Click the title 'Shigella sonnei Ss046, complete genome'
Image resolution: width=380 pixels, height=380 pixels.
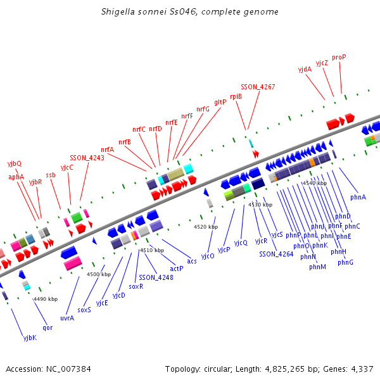(x=189, y=12)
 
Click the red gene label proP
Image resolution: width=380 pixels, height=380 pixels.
(x=339, y=57)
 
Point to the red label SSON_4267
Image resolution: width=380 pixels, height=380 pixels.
(x=258, y=87)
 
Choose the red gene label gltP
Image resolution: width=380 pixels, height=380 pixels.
(x=220, y=102)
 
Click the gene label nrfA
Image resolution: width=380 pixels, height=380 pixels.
(x=107, y=150)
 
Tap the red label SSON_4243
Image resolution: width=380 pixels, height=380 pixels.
(x=87, y=158)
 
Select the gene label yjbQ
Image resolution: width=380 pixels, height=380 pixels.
(x=15, y=163)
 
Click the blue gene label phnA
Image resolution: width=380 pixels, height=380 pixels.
(x=358, y=198)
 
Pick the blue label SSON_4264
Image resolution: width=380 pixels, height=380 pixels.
(x=276, y=253)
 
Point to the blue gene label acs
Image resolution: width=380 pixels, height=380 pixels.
(x=192, y=261)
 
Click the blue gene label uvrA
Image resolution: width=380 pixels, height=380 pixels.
(x=67, y=318)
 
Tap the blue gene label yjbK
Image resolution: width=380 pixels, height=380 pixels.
(x=30, y=338)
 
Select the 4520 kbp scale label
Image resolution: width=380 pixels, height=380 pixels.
(x=206, y=226)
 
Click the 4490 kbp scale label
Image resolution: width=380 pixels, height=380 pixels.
(x=46, y=299)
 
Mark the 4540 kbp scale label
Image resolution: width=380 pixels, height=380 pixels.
(x=314, y=183)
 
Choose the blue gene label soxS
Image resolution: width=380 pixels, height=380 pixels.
(x=84, y=310)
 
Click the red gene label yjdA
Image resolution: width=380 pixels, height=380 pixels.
(x=305, y=69)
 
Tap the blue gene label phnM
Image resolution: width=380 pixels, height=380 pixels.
(x=317, y=267)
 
